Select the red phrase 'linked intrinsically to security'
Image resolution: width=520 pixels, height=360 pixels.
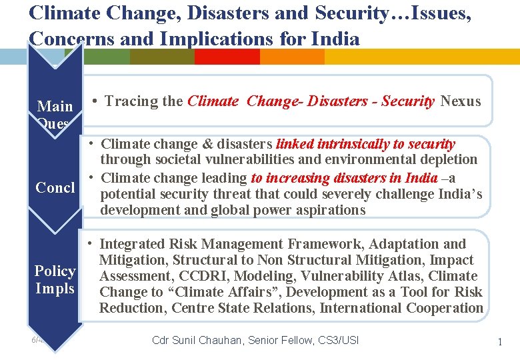click(x=365, y=144)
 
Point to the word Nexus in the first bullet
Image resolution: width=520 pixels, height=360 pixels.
click(x=461, y=101)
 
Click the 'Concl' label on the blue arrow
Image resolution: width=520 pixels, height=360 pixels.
click(x=55, y=187)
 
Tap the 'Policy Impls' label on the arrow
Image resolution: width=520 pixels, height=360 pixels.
click(x=55, y=280)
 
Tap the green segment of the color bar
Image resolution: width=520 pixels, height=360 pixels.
click(x=107, y=57)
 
